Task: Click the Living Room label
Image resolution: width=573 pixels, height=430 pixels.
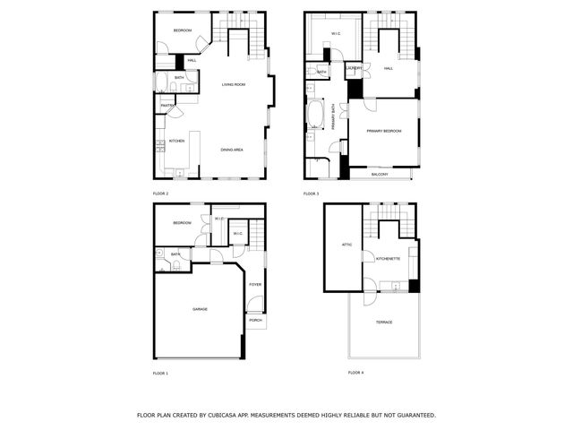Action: (234, 85)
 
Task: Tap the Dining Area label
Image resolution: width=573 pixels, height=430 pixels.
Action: (232, 150)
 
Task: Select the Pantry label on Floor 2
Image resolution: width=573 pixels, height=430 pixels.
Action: (167, 107)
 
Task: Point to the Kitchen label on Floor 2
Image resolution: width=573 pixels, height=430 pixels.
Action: (176, 141)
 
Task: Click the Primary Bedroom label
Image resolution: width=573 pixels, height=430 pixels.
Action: (383, 131)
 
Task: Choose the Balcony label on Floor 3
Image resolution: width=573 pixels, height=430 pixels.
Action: (380, 174)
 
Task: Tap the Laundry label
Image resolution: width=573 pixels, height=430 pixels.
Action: (354, 68)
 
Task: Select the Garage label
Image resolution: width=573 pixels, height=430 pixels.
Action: (200, 309)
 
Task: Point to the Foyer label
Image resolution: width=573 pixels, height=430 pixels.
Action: (255, 285)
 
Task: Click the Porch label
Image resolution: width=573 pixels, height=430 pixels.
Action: (255, 320)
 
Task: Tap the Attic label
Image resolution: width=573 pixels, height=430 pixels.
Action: (346, 244)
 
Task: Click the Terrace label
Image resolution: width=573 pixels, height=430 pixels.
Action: (384, 322)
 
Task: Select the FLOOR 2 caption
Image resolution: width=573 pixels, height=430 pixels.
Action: (160, 193)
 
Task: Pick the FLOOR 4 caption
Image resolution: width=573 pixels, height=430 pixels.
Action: (356, 372)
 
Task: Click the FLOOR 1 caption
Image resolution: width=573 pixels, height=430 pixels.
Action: (160, 372)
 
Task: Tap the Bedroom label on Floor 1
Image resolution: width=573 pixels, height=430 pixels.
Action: (182, 222)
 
